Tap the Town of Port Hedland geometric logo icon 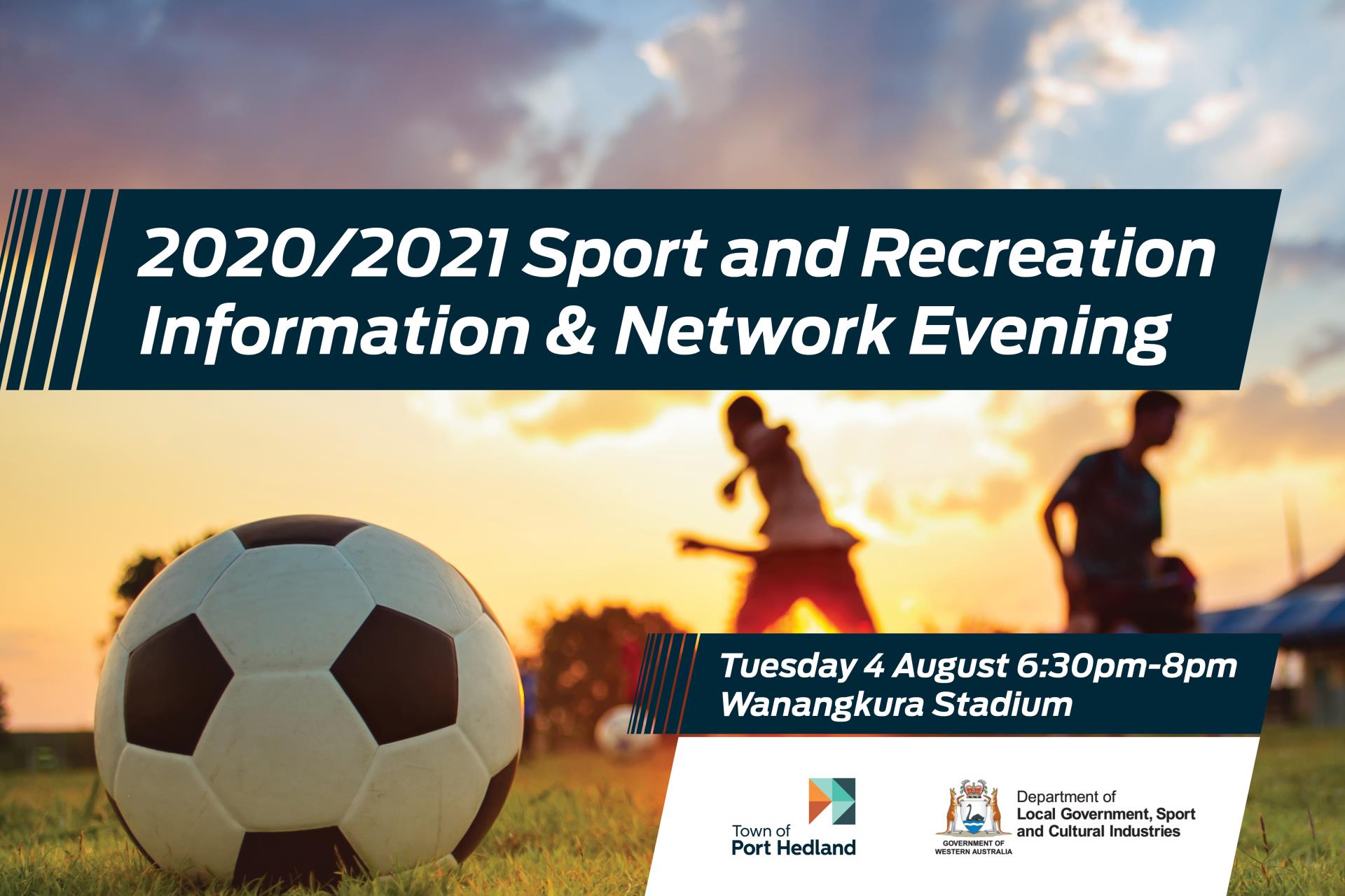(x=832, y=808)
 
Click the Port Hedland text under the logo (x=793, y=847)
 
